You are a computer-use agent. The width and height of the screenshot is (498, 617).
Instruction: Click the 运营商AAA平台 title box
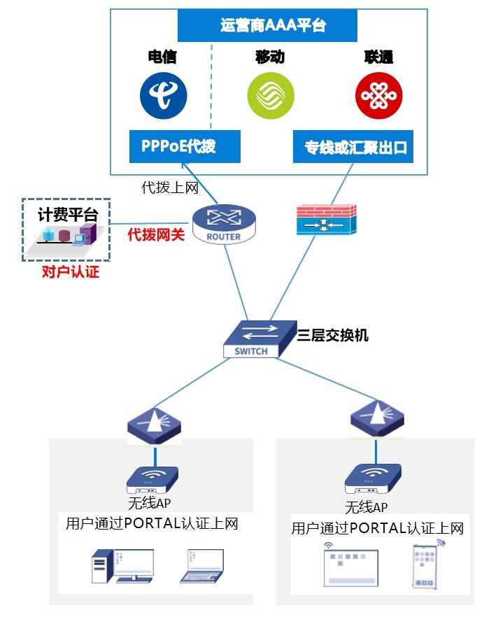click(x=267, y=27)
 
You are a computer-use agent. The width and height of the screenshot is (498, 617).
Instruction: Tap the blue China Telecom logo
click(x=162, y=96)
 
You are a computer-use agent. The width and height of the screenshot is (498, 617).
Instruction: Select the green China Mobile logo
click(x=271, y=96)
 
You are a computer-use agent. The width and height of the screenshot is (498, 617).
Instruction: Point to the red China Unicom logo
click(x=378, y=96)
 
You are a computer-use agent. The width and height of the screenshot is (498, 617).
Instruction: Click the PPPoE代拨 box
click(x=185, y=146)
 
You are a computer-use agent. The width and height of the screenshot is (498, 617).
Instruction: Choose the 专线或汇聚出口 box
click(x=353, y=147)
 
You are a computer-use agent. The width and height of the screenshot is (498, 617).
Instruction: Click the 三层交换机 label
click(x=333, y=336)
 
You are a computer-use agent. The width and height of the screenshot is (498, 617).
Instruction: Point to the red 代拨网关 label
click(x=156, y=235)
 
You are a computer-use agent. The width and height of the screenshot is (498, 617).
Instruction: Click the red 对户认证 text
click(x=70, y=272)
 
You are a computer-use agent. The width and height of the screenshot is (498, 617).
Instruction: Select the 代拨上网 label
click(x=170, y=187)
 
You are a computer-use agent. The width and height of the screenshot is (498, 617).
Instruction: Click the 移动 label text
click(x=270, y=57)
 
